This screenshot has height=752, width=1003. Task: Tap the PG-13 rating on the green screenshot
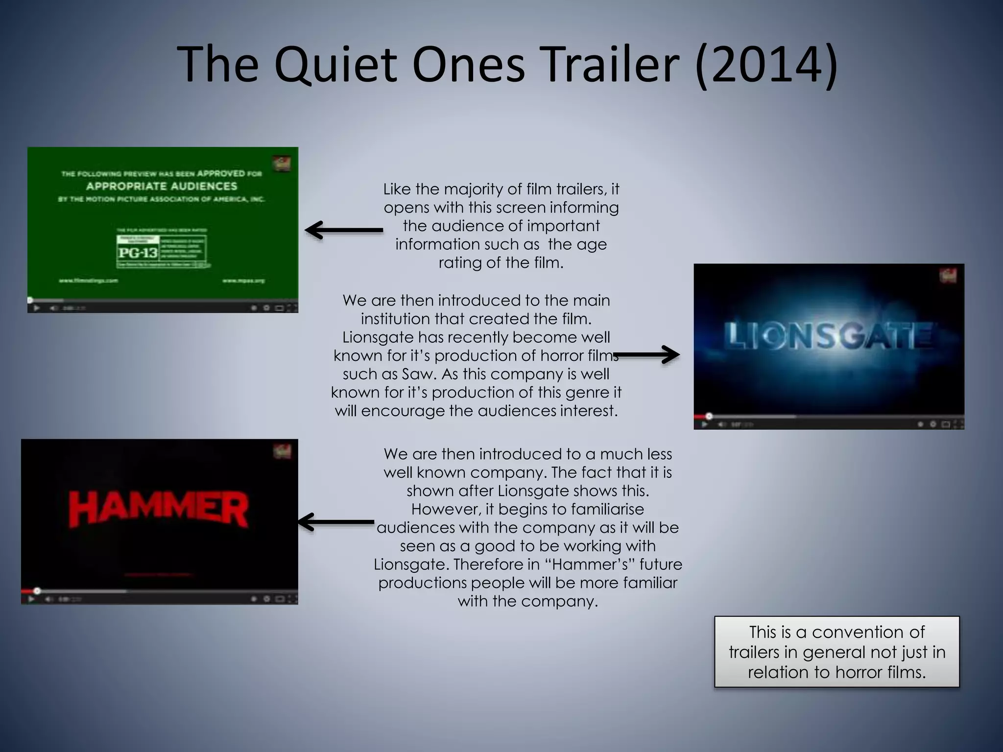coord(138,253)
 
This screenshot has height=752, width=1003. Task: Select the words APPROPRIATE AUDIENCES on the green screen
coord(162,186)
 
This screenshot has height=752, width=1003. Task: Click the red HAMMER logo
coord(159,510)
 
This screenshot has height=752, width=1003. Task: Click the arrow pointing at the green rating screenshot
coord(343,230)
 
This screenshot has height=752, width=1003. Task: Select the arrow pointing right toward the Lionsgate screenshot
coord(646,355)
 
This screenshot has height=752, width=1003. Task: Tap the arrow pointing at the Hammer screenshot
coord(336,522)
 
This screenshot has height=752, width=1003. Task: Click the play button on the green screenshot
coord(36,308)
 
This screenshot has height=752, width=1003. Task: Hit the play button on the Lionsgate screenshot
coord(705,424)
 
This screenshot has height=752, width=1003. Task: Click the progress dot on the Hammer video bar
coord(37,591)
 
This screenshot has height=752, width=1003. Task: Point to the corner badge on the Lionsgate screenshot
coord(948,276)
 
